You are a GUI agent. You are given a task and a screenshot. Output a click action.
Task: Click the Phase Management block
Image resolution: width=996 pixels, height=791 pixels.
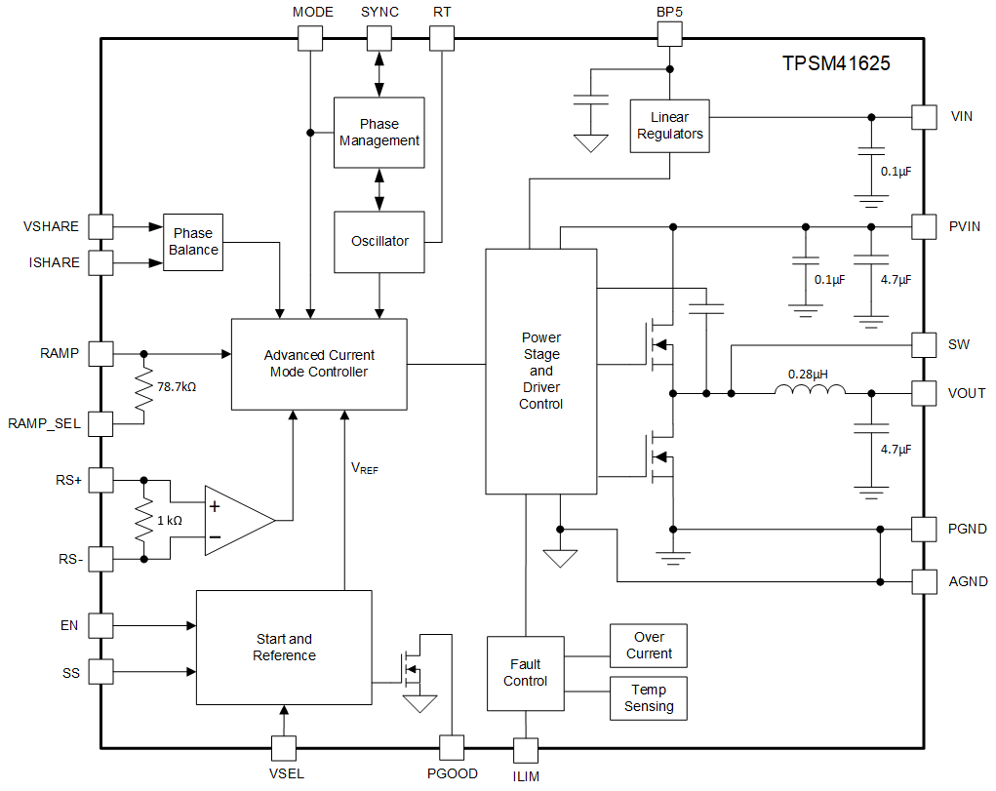coord(378,133)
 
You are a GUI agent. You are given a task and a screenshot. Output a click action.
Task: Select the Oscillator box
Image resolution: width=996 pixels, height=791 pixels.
coord(378,241)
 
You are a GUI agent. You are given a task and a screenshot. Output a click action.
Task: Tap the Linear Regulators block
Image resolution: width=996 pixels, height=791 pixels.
coord(669,126)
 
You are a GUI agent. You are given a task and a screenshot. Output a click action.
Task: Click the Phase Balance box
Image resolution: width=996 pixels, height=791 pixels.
coord(192,241)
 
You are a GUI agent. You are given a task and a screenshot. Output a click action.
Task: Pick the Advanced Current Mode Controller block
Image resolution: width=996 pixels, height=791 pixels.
coord(319,364)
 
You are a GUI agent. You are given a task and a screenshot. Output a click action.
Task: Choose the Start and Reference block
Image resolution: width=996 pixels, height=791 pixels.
coord(284,647)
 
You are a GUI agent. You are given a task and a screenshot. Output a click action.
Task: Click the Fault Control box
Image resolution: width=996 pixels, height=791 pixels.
coord(525,673)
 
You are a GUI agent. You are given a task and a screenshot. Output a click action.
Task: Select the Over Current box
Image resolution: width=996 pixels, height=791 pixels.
coord(649,646)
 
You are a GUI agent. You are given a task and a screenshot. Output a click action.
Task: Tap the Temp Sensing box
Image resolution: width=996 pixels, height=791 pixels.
coord(649,698)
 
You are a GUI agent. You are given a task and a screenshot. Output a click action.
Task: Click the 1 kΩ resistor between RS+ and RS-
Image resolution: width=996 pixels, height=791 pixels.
coord(144,520)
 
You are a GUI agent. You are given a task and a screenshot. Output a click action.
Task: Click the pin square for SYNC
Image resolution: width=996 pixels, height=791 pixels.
coord(378,38)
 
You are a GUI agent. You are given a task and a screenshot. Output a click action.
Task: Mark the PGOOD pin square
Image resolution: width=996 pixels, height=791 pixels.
coord(452,748)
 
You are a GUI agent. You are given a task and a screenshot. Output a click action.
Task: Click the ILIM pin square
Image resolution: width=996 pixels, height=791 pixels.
coord(525,750)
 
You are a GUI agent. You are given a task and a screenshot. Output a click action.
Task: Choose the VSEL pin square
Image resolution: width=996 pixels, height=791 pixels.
coord(283,748)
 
